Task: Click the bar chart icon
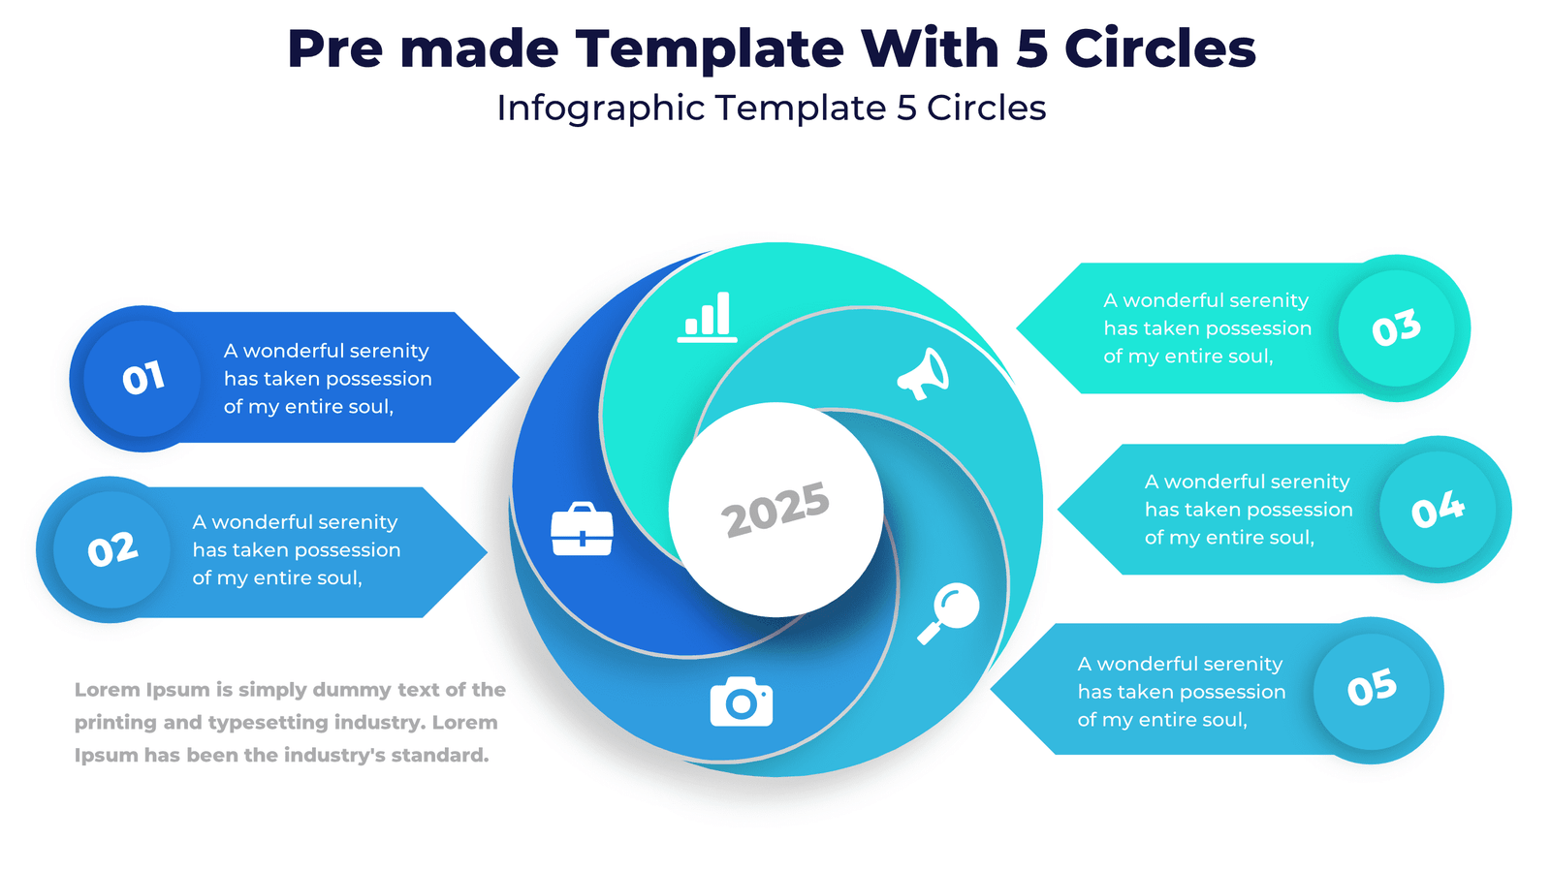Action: [708, 317]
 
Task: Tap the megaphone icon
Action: [923, 374]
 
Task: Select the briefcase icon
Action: [582, 529]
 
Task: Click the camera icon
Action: [742, 701]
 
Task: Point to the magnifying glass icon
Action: [949, 612]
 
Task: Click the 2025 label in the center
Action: [775, 509]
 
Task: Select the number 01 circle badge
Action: [142, 378]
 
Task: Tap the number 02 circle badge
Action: [112, 550]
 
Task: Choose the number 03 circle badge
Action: [1396, 328]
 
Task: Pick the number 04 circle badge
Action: [1438, 510]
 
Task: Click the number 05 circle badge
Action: [1372, 689]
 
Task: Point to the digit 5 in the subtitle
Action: [906, 109]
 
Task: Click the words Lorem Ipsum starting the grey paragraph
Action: [142, 690]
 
